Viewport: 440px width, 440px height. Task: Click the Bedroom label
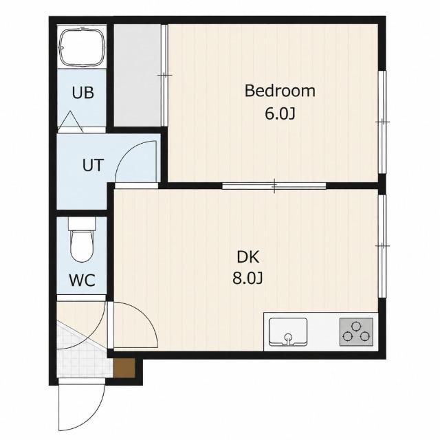[280, 91]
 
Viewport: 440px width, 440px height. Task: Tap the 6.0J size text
[280, 114]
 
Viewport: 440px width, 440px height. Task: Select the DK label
[247, 257]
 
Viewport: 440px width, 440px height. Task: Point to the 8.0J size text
[247, 278]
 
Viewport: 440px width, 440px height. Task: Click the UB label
[82, 93]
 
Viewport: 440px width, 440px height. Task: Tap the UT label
[93, 165]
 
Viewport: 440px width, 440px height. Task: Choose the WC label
[82, 280]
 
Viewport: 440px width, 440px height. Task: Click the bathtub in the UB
[82, 46]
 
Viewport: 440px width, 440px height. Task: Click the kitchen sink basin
[288, 331]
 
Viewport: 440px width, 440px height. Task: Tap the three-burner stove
[356, 331]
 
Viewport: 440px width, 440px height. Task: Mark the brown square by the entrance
[124, 368]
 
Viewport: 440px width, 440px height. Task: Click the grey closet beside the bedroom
[137, 75]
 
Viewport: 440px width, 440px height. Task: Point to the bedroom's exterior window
[382, 122]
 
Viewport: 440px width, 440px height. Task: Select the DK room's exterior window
[382, 246]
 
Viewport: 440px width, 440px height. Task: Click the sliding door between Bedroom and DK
[274, 186]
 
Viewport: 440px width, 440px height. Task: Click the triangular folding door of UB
[71, 121]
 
